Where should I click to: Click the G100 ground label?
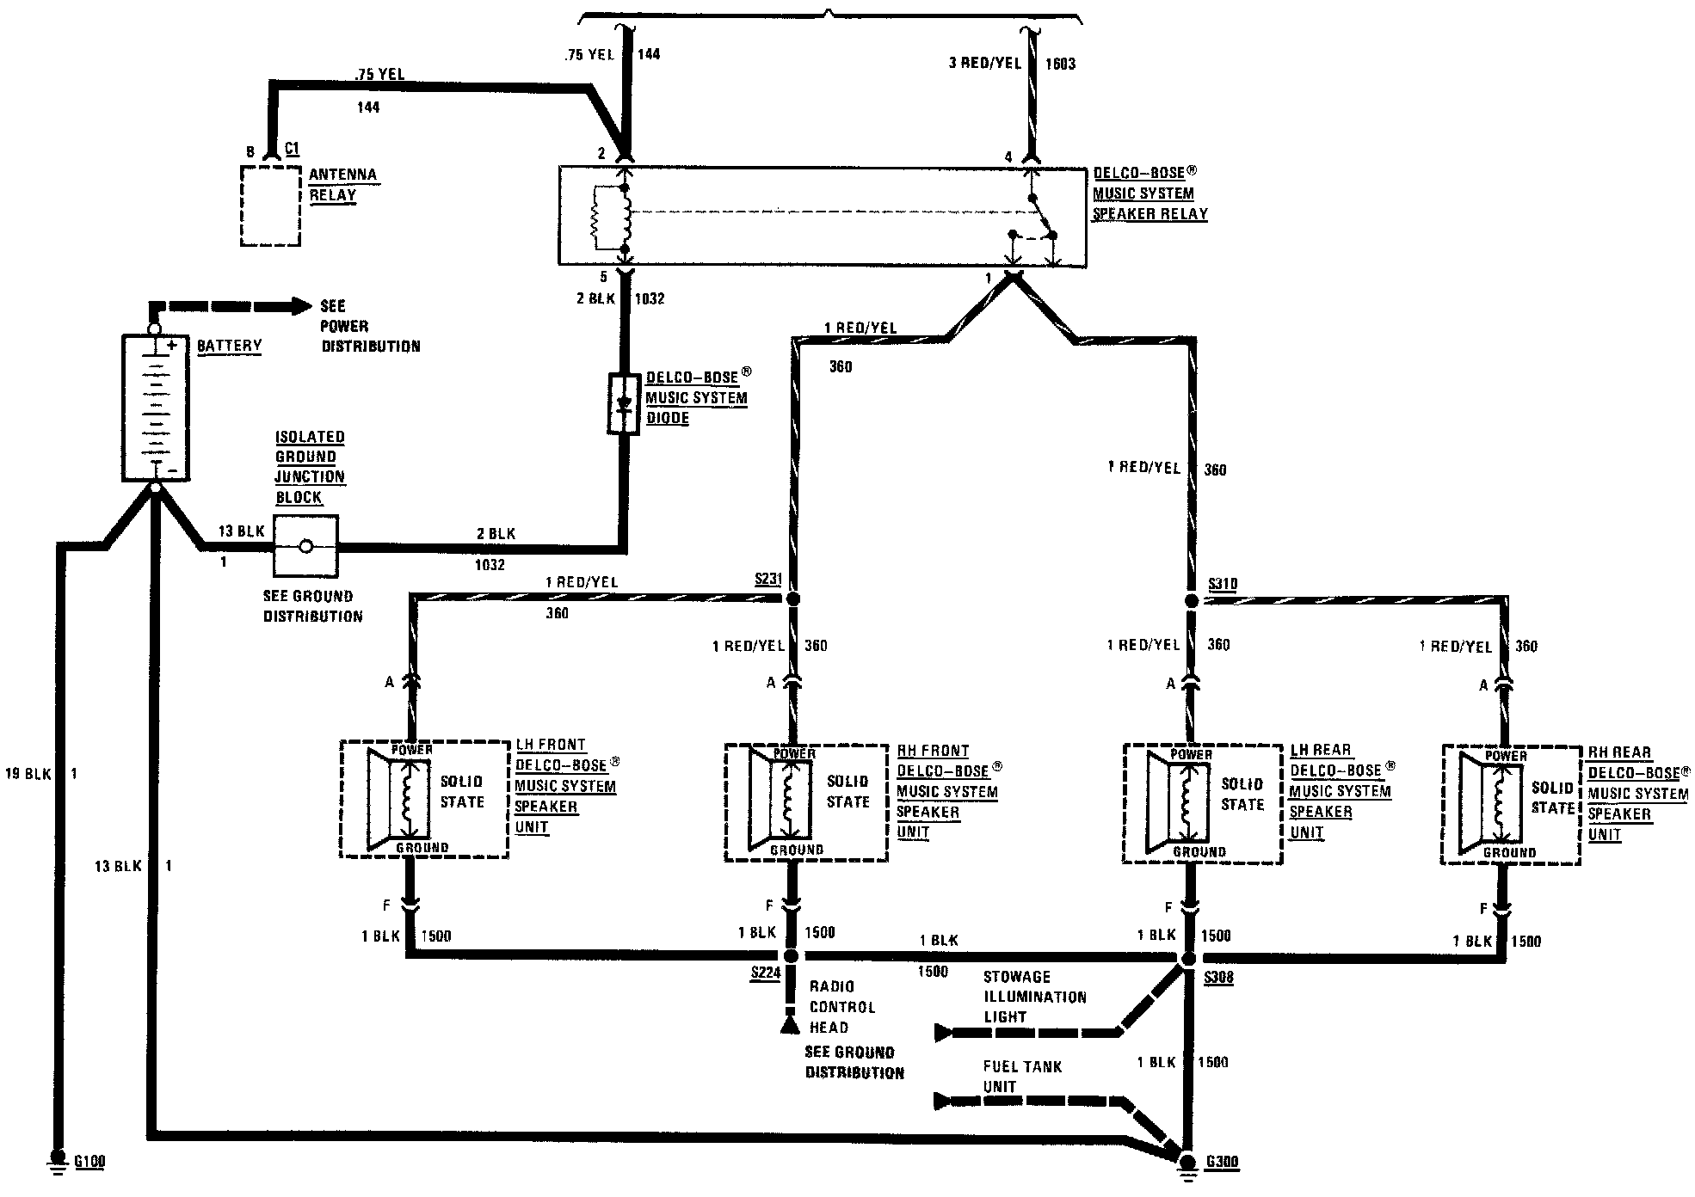pos(89,1162)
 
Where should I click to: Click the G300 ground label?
pos(1222,1163)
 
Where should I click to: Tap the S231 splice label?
pos(768,579)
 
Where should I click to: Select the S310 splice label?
pos(1223,584)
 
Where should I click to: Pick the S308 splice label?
pos(1218,978)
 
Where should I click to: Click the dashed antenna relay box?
pos(270,206)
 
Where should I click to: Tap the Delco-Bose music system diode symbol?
pos(624,402)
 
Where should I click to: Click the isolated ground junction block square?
pos(305,546)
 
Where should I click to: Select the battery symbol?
pos(155,407)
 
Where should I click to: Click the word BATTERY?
pos(229,346)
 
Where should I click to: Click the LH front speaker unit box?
pos(424,799)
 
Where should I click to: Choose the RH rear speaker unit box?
pos(1510,805)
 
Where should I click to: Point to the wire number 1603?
pos(1060,64)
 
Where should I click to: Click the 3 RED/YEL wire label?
pos(983,64)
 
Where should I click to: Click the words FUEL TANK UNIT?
pos(1021,1077)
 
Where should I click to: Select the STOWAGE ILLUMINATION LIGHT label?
pos(1035,997)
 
